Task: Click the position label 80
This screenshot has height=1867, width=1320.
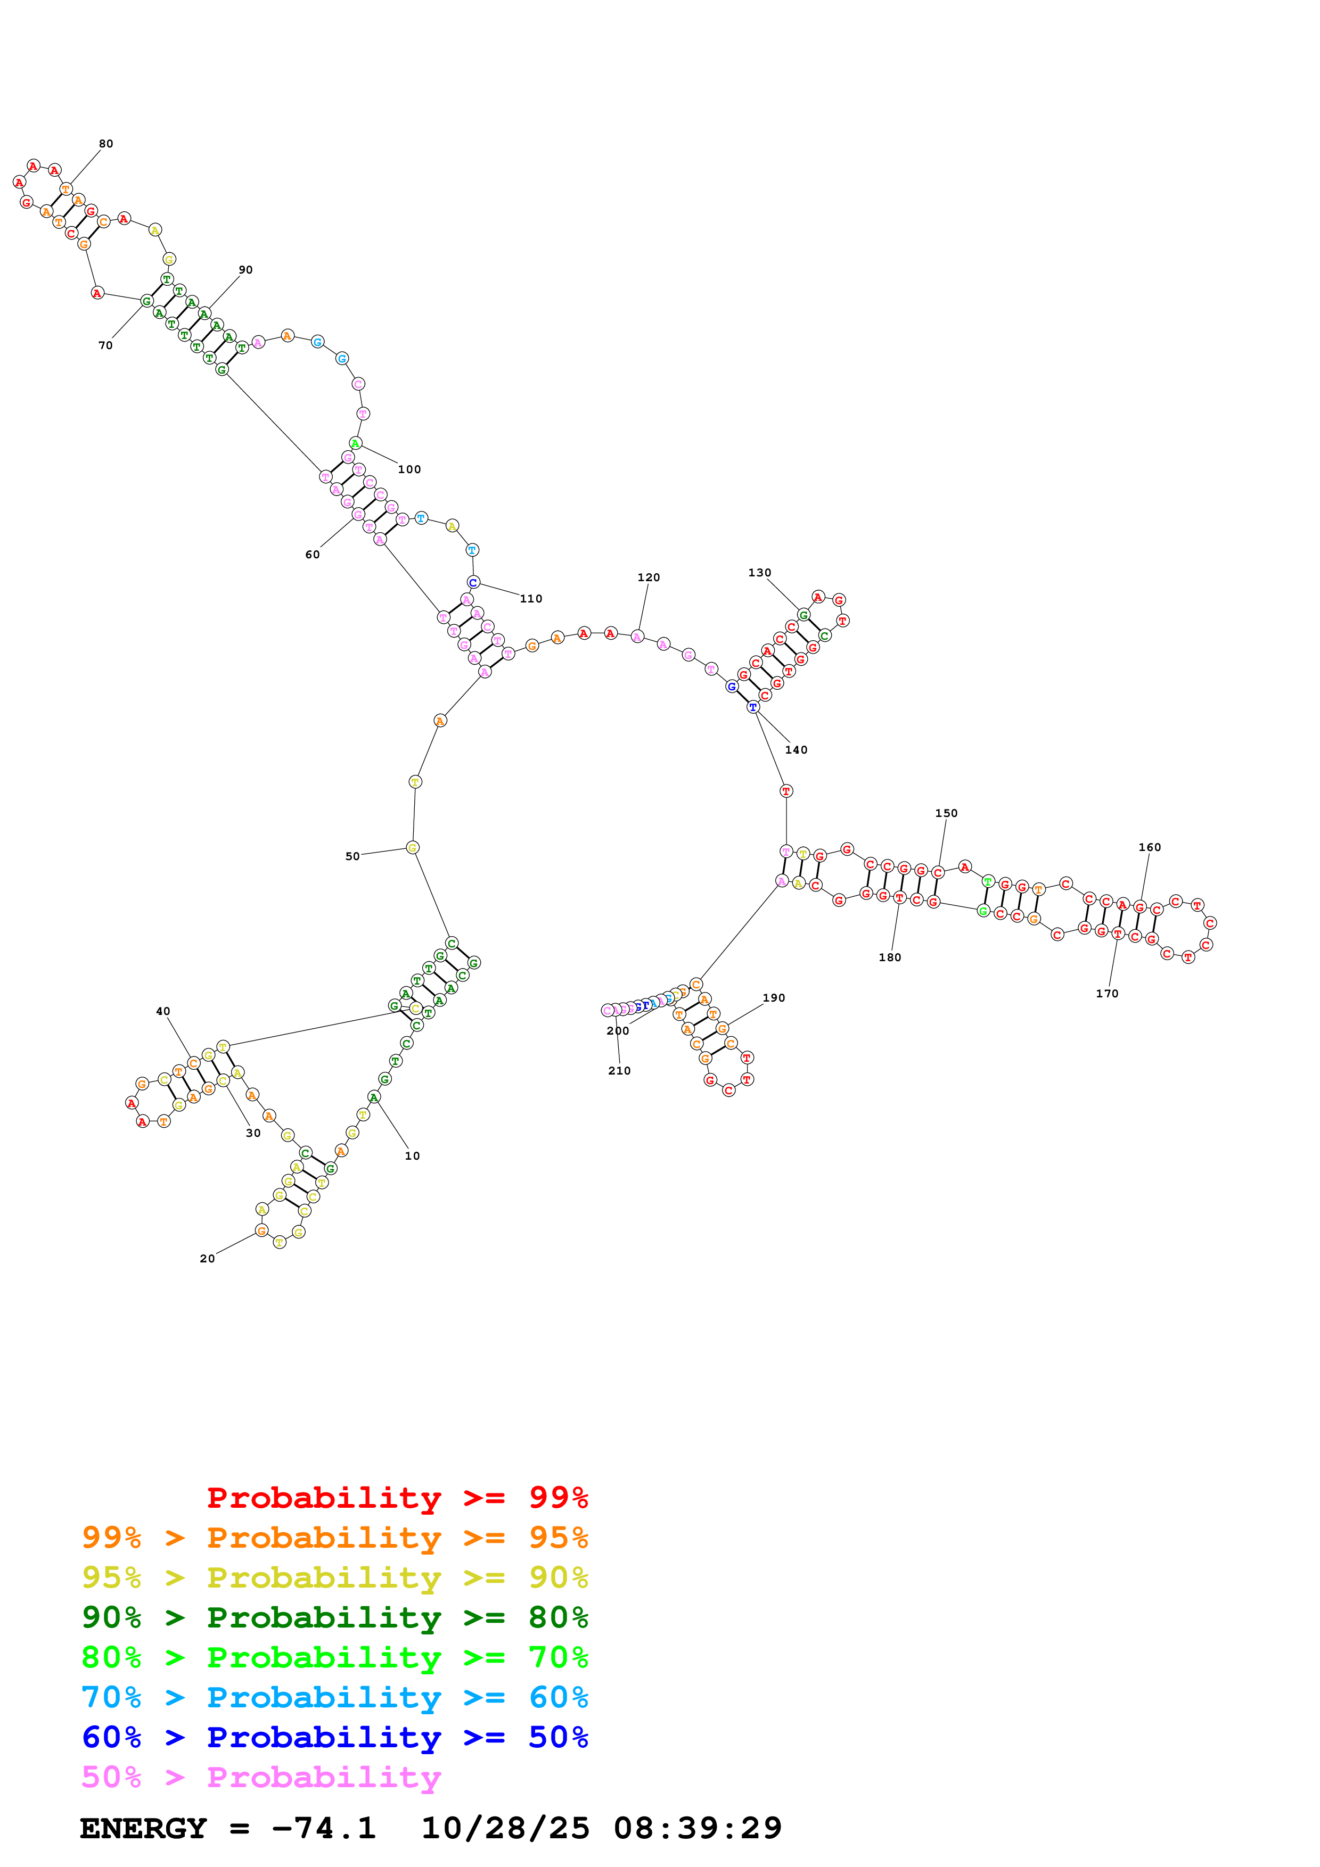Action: pyautogui.click(x=106, y=144)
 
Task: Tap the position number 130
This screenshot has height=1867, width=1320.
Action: pyautogui.click(x=759, y=573)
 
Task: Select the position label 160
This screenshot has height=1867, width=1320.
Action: pyautogui.click(x=1149, y=847)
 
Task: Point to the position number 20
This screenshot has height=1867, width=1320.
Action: pyautogui.click(x=207, y=1259)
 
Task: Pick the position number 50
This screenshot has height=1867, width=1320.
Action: pyautogui.click(x=352, y=856)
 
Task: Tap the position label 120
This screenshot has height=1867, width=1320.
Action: pyautogui.click(x=648, y=577)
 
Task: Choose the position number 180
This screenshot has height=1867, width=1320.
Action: pyautogui.click(x=890, y=957)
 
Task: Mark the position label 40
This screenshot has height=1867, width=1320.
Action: pyautogui.click(x=162, y=1012)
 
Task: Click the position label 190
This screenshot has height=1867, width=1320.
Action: pyautogui.click(x=774, y=998)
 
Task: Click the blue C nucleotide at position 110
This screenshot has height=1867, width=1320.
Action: pyautogui.click(x=472, y=582)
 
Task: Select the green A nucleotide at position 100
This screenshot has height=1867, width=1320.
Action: pyautogui.click(x=355, y=443)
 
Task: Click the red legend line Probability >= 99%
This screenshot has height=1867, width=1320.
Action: pyautogui.click(x=397, y=1497)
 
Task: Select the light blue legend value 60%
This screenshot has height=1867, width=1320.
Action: pyautogui.click(x=558, y=1697)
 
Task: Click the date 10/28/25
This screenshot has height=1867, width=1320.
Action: pyautogui.click(x=505, y=1829)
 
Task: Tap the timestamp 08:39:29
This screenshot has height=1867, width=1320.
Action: pyautogui.click(x=697, y=1829)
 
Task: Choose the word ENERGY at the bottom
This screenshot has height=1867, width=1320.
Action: pyautogui.click(x=143, y=1829)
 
